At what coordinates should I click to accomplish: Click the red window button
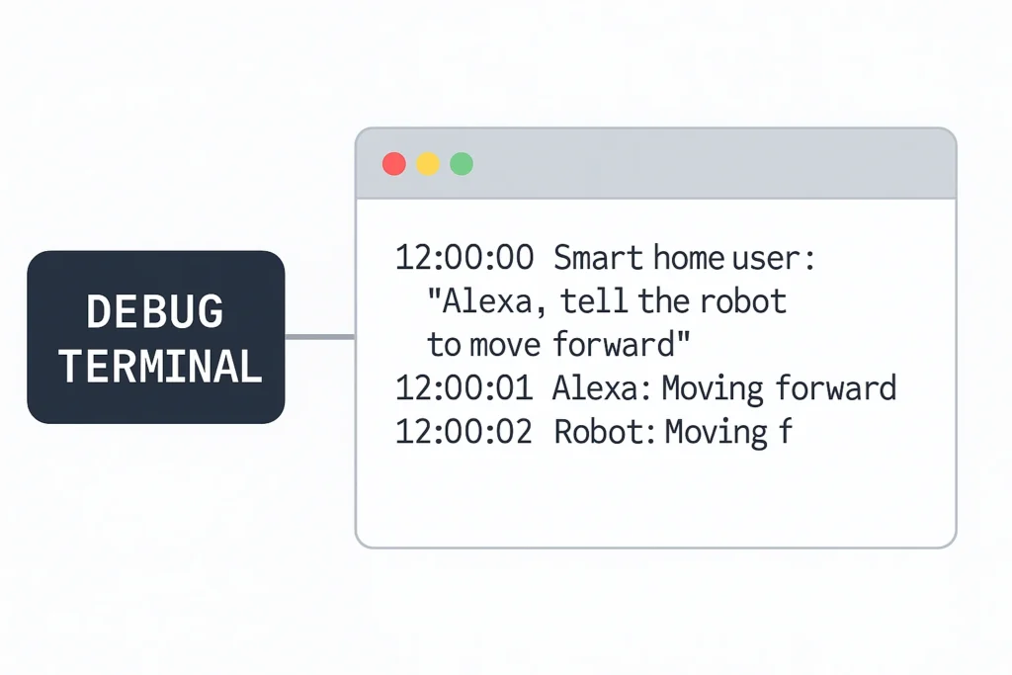[x=394, y=164]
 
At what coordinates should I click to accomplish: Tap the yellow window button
[x=428, y=164]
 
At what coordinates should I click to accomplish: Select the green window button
[x=462, y=164]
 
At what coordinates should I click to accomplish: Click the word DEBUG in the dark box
[x=155, y=311]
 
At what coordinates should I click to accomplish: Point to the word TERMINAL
[x=160, y=366]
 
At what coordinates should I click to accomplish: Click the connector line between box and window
[x=320, y=337]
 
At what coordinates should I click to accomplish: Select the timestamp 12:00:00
[x=464, y=258]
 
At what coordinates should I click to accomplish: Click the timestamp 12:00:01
[x=464, y=387]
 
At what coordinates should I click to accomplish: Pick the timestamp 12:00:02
[x=464, y=432]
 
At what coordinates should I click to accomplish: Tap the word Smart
[x=598, y=258]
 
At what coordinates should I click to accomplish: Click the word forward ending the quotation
[x=614, y=344]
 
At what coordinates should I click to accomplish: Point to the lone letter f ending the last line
[x=785, y=431]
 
